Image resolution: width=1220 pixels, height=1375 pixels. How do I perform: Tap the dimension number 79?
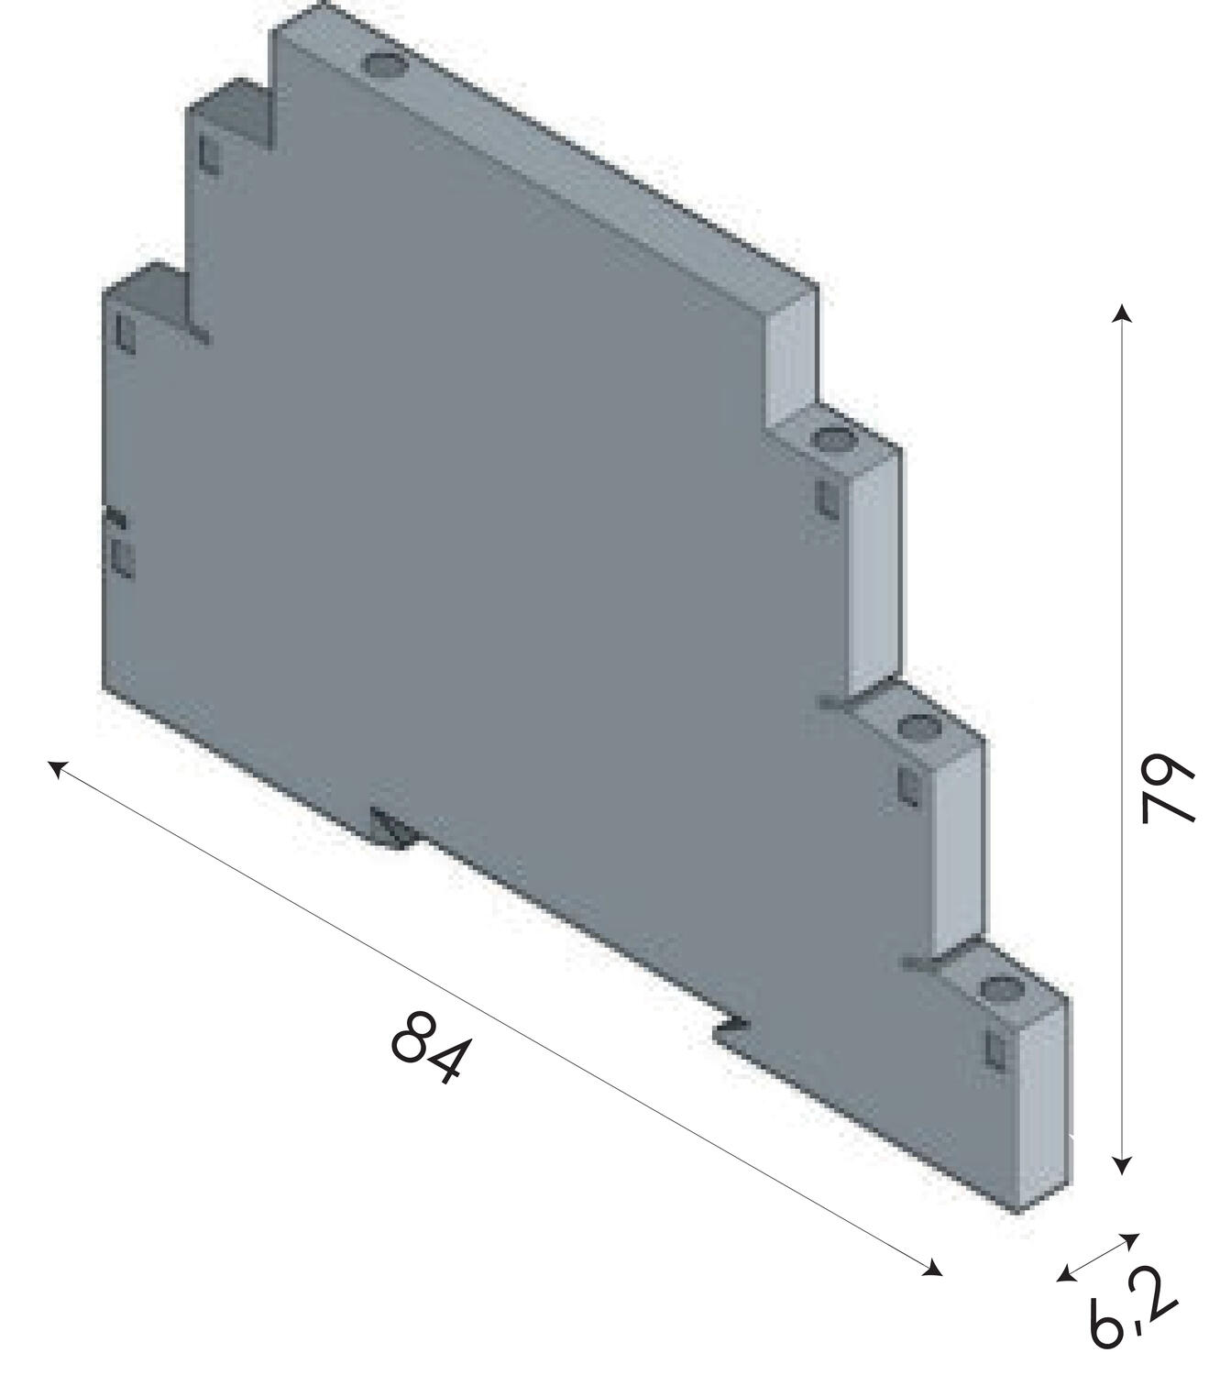pos(1169,789)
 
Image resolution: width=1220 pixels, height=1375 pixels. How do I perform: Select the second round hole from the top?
pos(832,441)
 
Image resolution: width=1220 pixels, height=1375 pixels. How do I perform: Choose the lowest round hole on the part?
pos(998,989)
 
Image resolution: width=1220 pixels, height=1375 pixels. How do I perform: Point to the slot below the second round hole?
pos(825,498)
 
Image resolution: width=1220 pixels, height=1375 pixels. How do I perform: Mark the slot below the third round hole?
pos(908,785)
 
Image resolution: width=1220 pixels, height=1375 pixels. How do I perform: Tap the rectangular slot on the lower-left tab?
pos(124,332)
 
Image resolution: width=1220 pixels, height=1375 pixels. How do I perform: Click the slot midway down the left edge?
pos(121,557)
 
